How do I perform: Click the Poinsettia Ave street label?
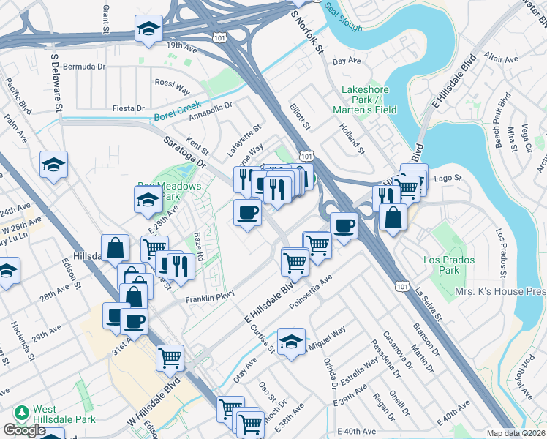pos(310,291)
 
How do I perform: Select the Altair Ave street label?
pos(501,59)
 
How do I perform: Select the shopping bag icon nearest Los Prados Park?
pos(393,217)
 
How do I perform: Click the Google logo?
pos(25,430)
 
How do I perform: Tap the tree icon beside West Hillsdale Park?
pos(22,413)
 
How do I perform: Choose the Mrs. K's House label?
pos(502,291)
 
